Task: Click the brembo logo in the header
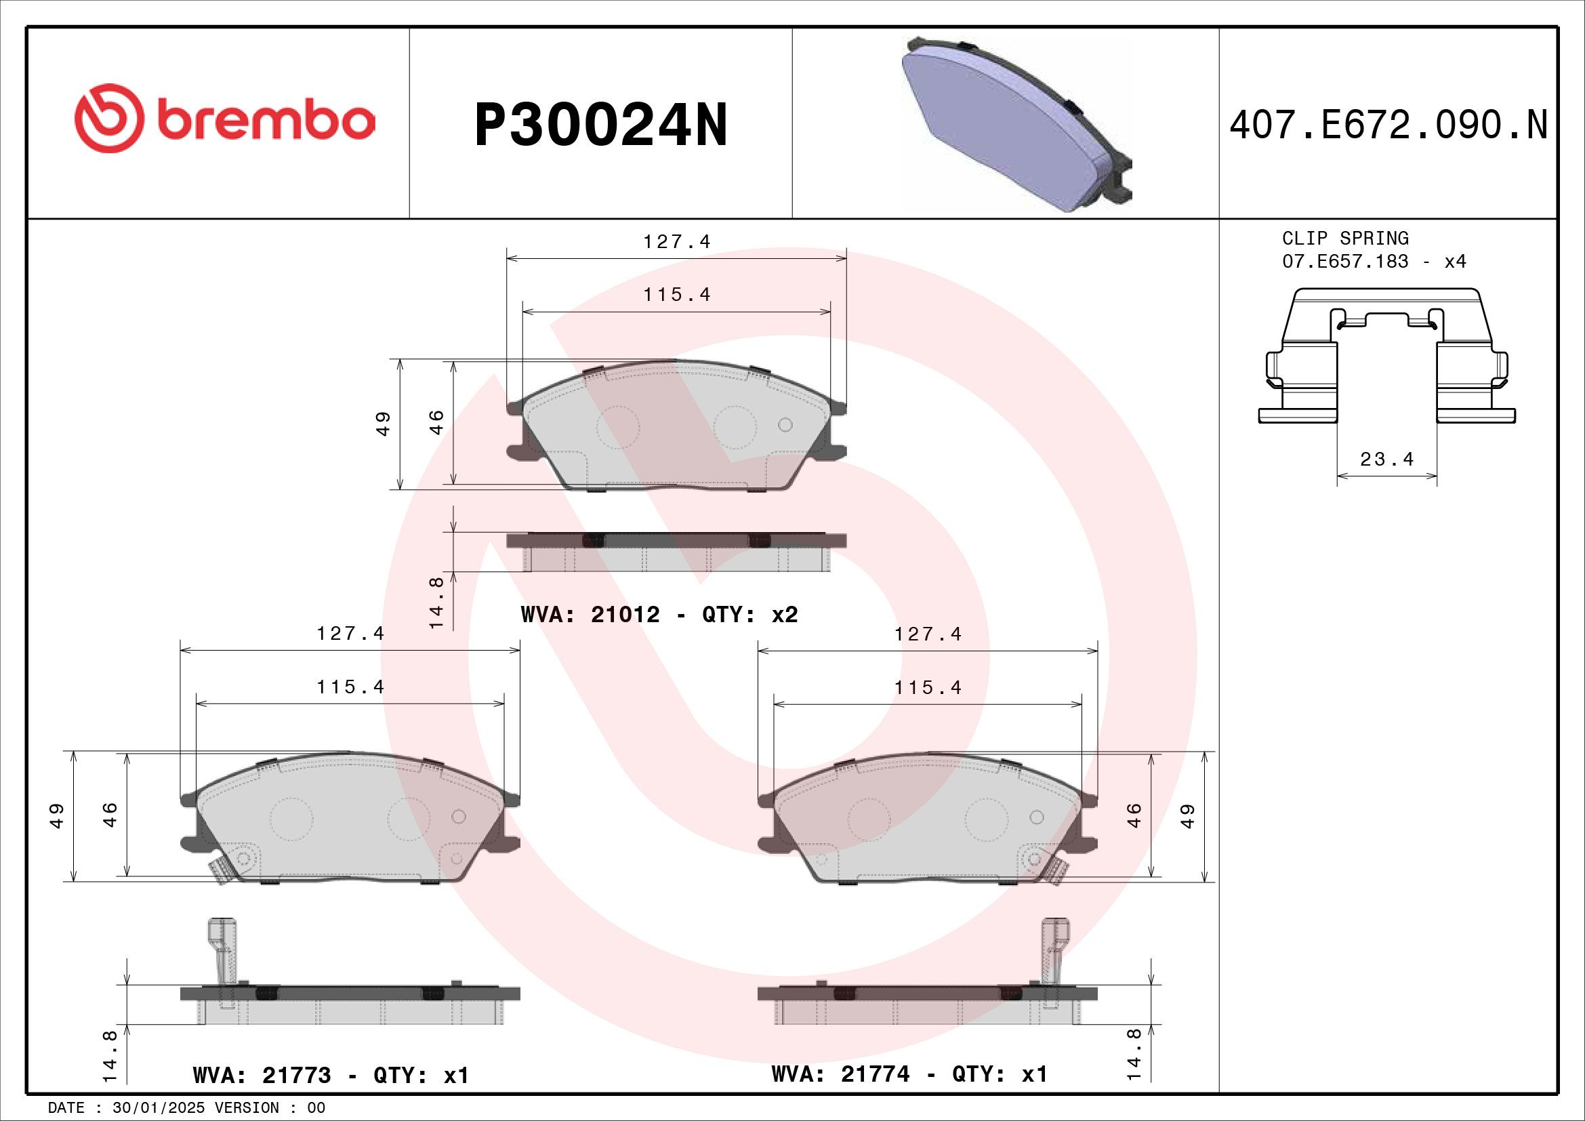tap(224, 119)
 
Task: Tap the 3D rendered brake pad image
tap(1015, 124)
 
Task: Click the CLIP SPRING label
tap(1344, 238)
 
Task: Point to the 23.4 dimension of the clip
tap(1387, 459)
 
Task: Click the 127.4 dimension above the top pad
tap(676, 241)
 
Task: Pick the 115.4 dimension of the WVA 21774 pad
tap(928, 687)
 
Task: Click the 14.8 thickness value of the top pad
tap(436, 603)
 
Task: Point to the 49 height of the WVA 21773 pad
tap(58, 815)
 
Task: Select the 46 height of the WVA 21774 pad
tap(1134, 815)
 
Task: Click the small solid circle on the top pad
tap(785, 424)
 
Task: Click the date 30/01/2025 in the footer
tap(158, 1108)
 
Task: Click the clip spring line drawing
tap(1386, 359)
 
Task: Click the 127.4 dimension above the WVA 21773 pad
tap(350, 633)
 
